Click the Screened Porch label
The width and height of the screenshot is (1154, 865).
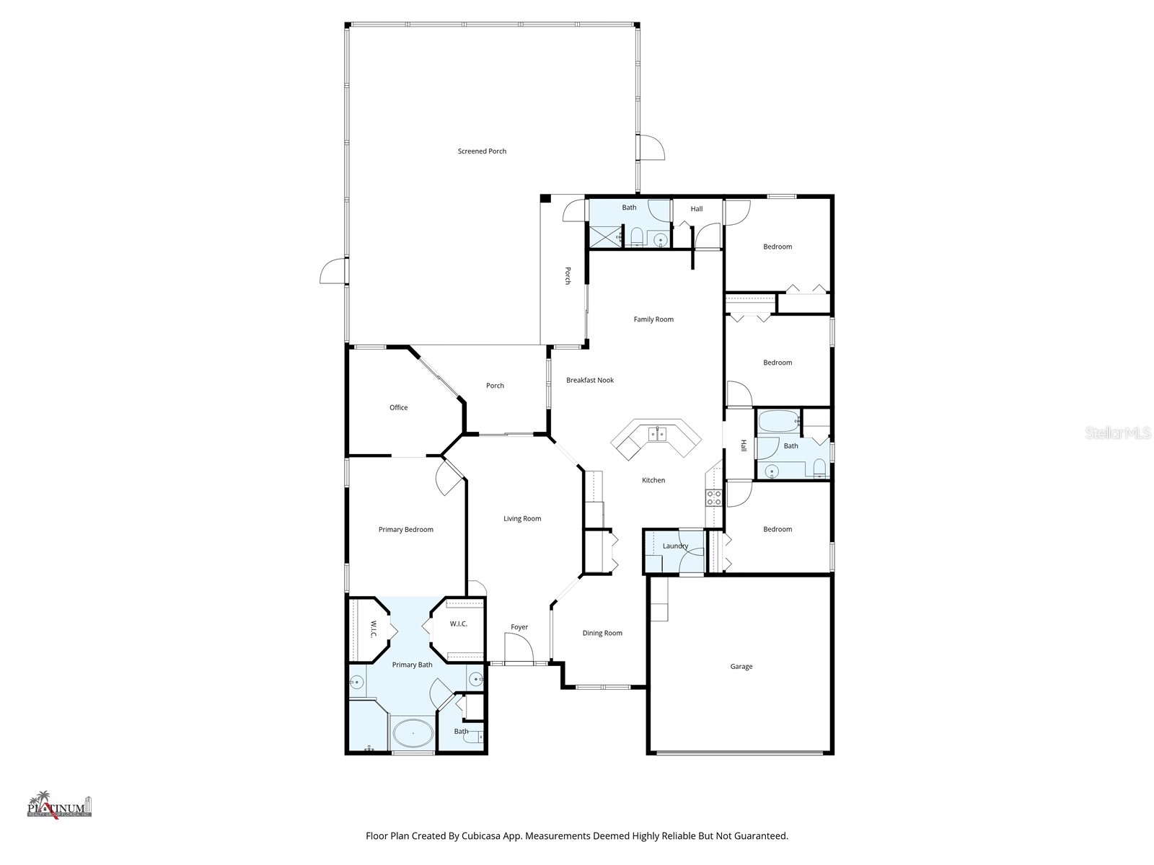point(482,151)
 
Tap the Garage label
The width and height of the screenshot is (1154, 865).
point(741,667)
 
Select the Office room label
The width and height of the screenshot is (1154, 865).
point(398,408)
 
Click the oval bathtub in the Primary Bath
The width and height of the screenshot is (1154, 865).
point(413,734)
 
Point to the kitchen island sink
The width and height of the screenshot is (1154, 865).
point(658,433)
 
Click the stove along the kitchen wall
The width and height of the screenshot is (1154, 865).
point(713,497)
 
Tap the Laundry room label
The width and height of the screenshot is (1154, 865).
point(675,546)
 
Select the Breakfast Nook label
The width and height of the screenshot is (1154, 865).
point(589,381)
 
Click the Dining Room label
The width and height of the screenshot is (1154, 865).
point(602,634)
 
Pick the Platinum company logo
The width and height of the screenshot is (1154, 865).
point(59,804)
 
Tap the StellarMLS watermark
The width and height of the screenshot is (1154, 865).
point(1119,433)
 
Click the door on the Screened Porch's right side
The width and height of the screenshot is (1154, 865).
point(652,148)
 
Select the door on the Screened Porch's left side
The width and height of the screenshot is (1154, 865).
point(332,272)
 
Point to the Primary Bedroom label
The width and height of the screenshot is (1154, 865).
point(405,530)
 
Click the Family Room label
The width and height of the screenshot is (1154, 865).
point(653,319)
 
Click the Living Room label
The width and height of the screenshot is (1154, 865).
point(522,519)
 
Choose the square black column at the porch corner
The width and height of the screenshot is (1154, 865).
point(546,199)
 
